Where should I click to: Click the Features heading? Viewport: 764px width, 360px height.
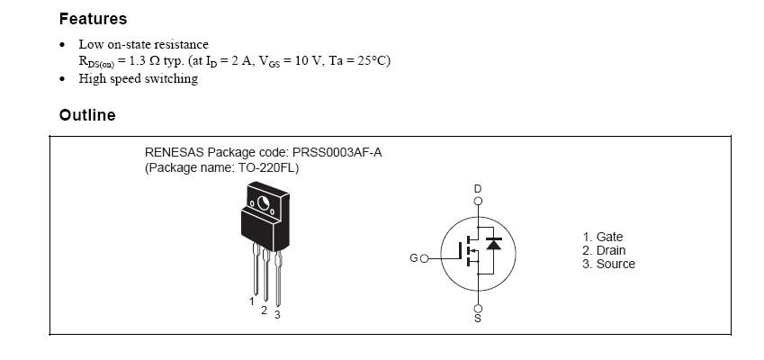tap(93, 18)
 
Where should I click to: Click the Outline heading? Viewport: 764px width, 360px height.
tap(87, 115)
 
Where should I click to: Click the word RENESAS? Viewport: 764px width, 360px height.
tap(176, 153)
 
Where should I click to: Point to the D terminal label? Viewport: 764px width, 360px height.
tap(478, 188)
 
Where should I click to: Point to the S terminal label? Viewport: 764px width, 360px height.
tap(478, 319)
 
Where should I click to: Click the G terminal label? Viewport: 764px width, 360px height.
tap(413, 258)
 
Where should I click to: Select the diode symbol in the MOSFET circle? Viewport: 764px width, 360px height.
tap(492, 243)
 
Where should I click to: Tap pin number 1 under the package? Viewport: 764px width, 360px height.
tap(252, 301)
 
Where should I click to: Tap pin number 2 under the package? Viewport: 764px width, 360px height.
tap(264, 310)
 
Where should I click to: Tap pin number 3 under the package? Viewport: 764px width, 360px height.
tap(277, 314)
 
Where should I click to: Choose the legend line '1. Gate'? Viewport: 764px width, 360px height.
tap(602, 237)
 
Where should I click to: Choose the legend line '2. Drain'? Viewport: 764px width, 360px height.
tap(604, 250)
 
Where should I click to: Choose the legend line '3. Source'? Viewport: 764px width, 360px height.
tap(608, 264)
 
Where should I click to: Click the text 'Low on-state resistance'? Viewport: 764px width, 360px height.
tap(143, 44)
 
